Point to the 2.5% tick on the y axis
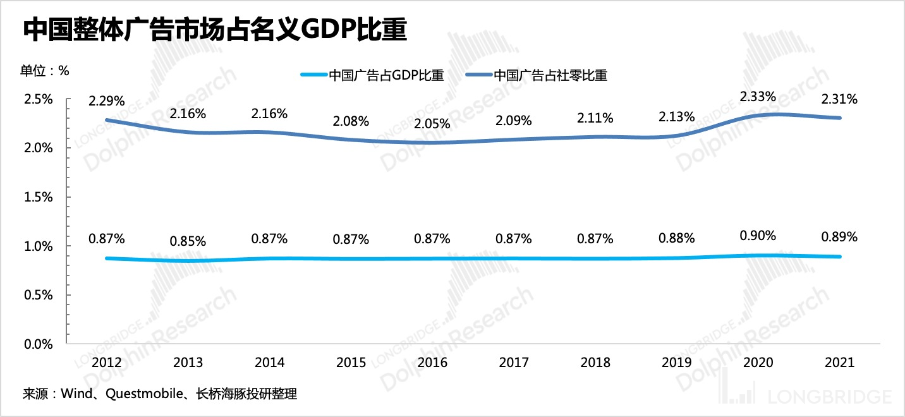[x=39, y=99]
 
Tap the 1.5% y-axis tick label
[x=39, y=197]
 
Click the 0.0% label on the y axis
[x=39, y=344]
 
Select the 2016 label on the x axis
[x=432, y=363]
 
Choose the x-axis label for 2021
[x=839, y=363]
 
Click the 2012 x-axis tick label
[x=107, y=363]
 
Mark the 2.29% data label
[x=107, y=100]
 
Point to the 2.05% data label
[x=432, y=124]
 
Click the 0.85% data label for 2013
[x=188, y=241]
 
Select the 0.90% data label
[x=758, y=236]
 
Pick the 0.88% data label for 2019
[x=676, y=238]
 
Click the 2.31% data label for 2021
[x=839, y=99]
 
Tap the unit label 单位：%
[x=45, y=70]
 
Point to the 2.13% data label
[x=676, y=116]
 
